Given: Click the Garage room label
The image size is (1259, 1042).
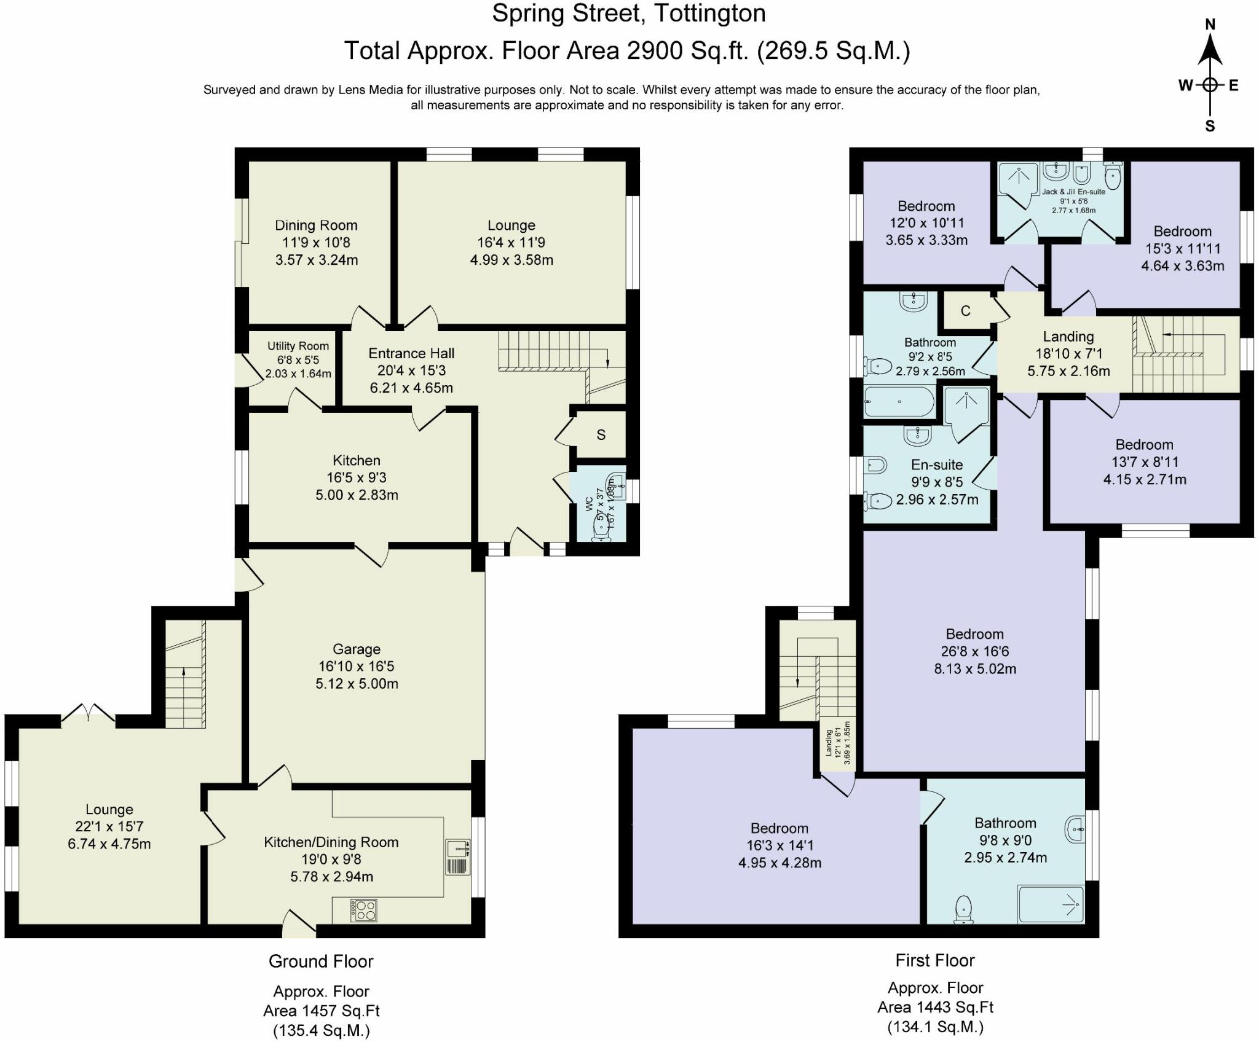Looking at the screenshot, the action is coord(357,649).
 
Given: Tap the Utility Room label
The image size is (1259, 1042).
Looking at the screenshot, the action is coord(298,346).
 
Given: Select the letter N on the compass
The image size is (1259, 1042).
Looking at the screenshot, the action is coord(1210,25).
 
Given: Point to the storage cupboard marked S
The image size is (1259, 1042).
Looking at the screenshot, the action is coord(601,434).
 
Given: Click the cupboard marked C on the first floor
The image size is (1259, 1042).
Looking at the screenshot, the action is coord(966,311).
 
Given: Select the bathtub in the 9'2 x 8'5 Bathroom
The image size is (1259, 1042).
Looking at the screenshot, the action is coord(899,402).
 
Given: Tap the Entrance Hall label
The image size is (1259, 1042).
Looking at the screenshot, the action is coord(411,353).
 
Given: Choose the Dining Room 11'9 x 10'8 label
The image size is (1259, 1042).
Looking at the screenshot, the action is coord(317,242).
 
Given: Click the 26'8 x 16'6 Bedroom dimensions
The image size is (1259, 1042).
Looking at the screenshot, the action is coord(975,651).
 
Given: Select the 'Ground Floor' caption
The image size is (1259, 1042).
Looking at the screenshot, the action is coord(321,962).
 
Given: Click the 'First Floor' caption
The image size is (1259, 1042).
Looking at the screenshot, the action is coord(935,960).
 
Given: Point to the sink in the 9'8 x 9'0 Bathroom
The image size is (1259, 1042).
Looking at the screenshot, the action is coord(1075,830).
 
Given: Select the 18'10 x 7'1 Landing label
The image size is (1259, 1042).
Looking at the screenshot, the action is coord(1068,354).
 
